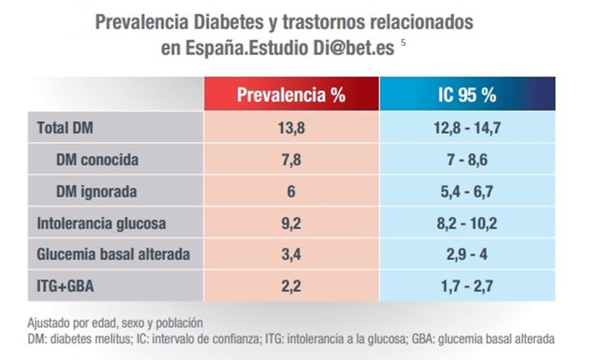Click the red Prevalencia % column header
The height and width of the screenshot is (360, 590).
click(292, 94)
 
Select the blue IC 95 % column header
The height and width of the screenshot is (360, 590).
click(467, 94)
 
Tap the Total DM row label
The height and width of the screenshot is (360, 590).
click(65, 128)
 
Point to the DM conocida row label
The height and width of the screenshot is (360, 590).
click(97, 160)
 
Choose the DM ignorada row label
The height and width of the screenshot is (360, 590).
click(96, 191)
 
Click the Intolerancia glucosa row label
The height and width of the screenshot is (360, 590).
click(102, 223)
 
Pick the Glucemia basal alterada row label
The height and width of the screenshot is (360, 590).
click(113, 254)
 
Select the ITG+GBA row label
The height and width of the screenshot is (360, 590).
click(65, 286)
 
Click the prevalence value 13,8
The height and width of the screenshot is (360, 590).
click(292, 128)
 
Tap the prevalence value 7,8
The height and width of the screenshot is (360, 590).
click(292, 160)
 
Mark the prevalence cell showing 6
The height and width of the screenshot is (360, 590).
click(292, 191)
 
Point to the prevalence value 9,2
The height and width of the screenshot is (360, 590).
click(292, 223)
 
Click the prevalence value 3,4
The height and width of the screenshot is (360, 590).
click(292, 255)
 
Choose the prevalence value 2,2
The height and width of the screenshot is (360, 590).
click(292, 286)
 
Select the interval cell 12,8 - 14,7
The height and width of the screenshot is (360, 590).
click(467, 128)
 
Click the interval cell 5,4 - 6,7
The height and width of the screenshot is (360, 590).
click(467, 192)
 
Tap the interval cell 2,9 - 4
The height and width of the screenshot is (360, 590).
click(467, 255)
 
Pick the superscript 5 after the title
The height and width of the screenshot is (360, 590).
click(403, 43)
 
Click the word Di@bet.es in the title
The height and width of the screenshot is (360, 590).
click(353, 48)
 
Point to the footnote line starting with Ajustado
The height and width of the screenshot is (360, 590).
click(115, 323)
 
